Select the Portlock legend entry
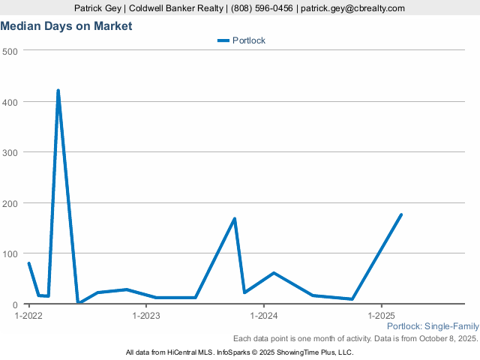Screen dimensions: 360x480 tap(247, 40)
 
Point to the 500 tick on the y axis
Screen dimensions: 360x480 tap(10, 50)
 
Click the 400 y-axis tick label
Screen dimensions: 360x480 tap(10, 101)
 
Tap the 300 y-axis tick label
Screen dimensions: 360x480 tap(10, 152)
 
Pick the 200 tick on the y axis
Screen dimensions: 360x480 tap(10, 203)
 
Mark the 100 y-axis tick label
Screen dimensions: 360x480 tap(10, 254)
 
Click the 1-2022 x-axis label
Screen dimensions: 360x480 tap(28, 316)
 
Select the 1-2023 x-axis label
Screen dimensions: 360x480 tap(146, 316)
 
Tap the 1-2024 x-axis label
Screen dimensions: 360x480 tap(264, 316)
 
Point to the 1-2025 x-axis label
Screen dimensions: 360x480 tap(382, 316)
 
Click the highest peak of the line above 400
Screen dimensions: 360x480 tap(58, 91)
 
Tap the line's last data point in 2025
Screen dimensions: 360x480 tap(401, 214)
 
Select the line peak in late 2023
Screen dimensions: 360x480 tap(235, 219)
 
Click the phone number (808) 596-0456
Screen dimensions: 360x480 tap(263, 8)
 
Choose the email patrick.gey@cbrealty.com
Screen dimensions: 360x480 tap(352, 8)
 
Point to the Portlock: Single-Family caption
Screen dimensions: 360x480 tap(432, 326)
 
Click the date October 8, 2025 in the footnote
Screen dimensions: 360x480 tap(448, 338)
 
